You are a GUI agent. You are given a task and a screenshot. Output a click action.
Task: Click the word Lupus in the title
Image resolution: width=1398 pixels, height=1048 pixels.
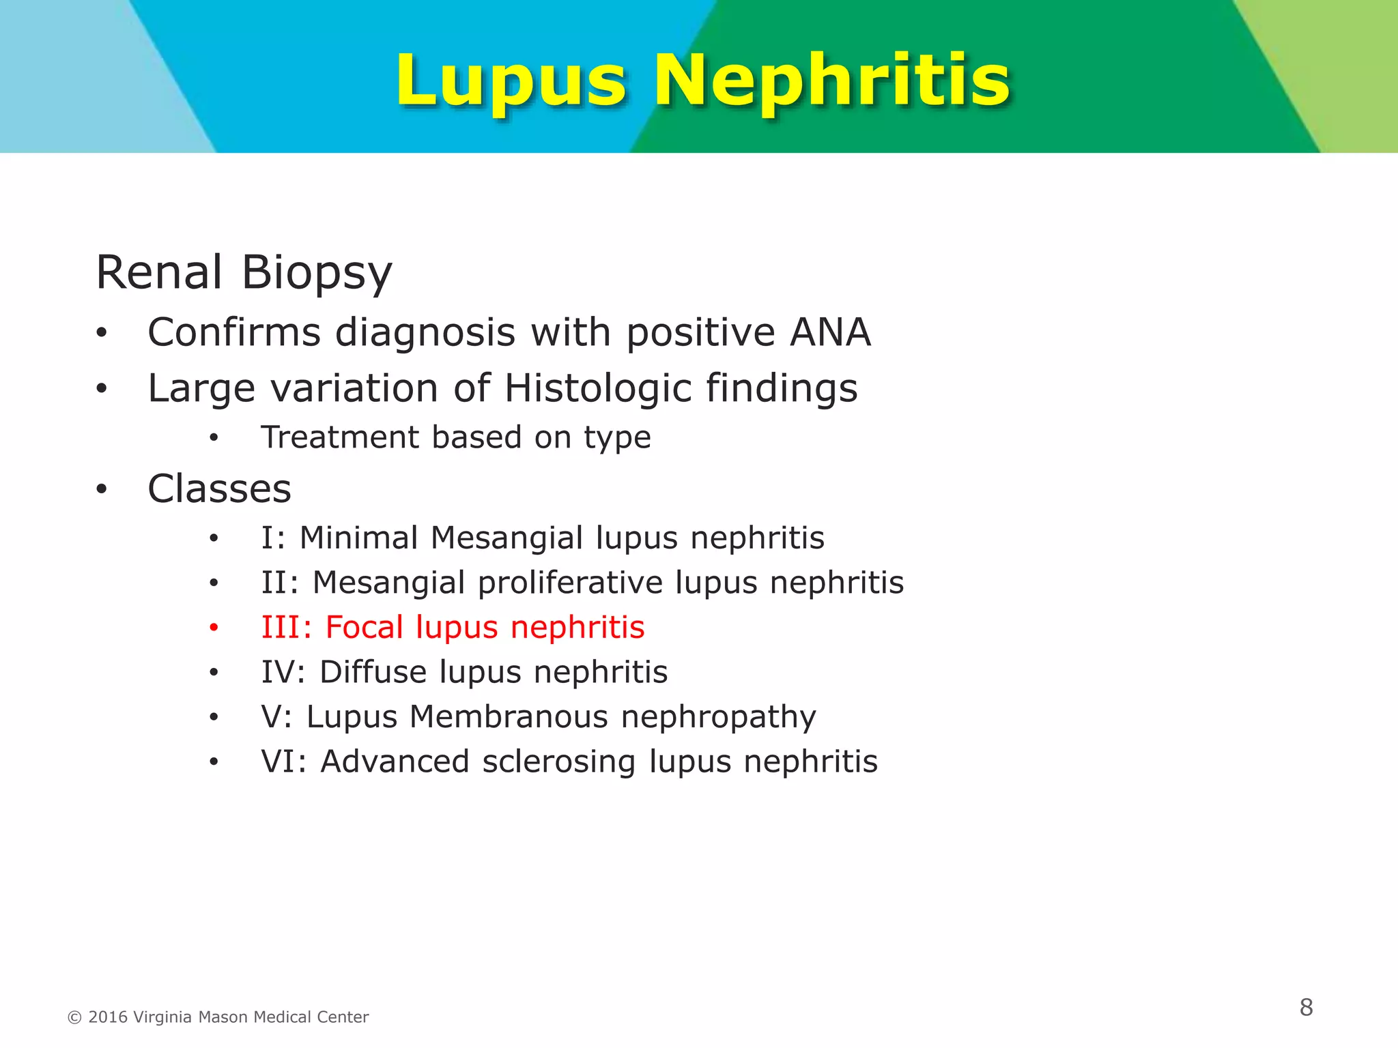(x=511, y=82)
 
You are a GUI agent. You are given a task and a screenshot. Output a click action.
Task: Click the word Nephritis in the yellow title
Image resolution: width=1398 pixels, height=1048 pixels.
(x=832, y=82)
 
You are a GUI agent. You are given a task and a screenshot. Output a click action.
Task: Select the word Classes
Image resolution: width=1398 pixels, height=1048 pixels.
(x=219, y=489)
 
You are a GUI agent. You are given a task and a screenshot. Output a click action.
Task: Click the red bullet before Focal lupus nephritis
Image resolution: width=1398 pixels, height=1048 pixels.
(x=214, y=628)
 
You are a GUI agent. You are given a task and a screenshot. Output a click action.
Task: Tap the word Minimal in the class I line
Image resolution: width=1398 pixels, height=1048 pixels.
(x=358, y=538)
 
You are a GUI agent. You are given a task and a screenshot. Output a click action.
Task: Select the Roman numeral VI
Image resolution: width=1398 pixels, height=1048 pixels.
(x=279, y=761)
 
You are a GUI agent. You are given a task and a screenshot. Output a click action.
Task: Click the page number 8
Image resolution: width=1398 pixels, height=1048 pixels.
(x=1306, y=1007)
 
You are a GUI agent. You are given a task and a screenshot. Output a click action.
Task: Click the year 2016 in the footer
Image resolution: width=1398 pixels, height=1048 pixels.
(x=108, y=1017)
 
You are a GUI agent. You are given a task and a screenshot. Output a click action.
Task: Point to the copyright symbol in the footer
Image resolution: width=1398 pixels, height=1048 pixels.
(x=74, y=1018)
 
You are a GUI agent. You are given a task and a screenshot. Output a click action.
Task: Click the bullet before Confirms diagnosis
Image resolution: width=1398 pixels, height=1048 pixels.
(x=102, y=334)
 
